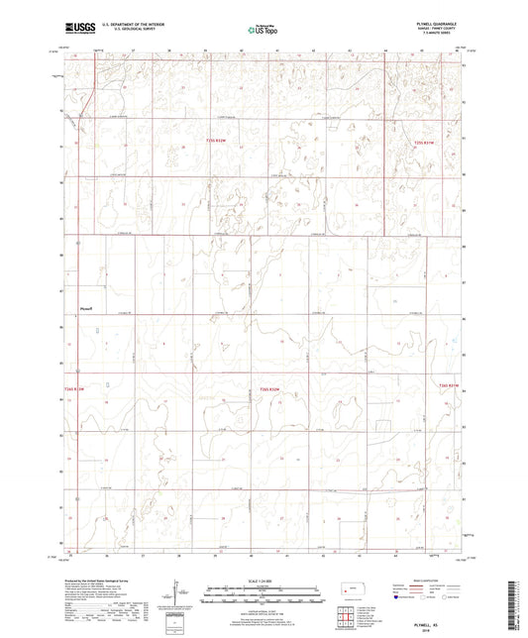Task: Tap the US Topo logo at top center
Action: pyautogui.click(x=261, y=31)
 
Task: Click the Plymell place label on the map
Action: pyautogui.click(x=86, y=309)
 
